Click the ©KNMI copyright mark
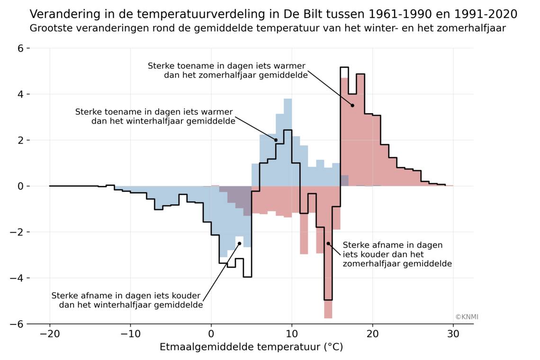point(467,317)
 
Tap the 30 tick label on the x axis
point(453,334)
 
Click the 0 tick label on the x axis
point(211,334)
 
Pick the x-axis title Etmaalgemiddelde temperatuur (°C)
point(251,347)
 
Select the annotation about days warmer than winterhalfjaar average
point(155,117)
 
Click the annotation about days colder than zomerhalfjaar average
point(397,254)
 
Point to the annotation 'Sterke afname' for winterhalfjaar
point(127,300)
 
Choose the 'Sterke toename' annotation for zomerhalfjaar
point(227,70)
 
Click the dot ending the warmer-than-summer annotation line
point(352,105)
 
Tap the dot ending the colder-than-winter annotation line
point(239,243)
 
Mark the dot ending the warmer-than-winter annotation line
point(276,140)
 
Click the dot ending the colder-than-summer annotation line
point(328,243)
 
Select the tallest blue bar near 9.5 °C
point(288,142)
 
